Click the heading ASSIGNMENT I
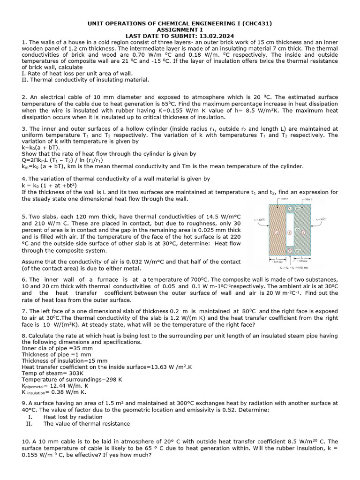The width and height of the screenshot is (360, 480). tap(180, 30)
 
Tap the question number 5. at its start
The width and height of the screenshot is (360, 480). tap(24, 217)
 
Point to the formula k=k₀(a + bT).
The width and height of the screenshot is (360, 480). tap(41, 147)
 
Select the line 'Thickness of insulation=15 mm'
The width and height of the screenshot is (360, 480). tap(65, 361)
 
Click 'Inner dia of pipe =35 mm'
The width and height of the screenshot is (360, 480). tap(57, 348)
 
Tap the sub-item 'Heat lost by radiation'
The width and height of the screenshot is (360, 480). tap(73, 417)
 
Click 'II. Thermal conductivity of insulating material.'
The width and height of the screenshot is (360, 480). tap(85, 80)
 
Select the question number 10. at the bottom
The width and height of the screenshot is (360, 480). tap(26, 442)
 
